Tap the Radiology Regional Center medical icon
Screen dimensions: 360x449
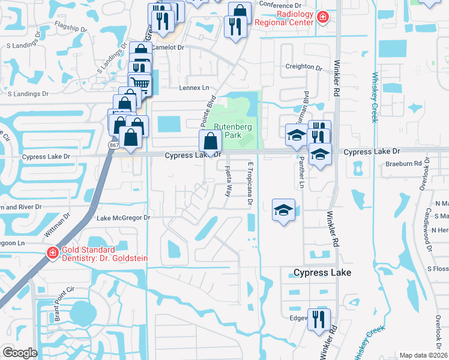point(322,17)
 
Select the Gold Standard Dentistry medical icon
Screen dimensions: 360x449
point(52,253)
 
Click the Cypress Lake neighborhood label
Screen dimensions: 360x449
point(322,273)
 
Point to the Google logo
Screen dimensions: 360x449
point(20,353)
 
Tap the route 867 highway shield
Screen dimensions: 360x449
point(113,146)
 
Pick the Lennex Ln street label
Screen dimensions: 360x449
point(178,88)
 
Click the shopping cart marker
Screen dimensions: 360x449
point(140,83)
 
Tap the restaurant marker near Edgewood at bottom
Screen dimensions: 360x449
point(318,318)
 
